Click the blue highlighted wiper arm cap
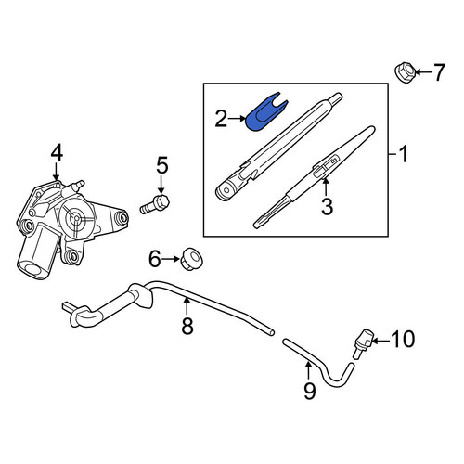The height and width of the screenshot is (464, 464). [264, 112]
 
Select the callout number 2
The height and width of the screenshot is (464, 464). [221, 119]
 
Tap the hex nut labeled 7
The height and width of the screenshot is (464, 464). [405, 72]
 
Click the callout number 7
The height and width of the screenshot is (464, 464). [438, 72]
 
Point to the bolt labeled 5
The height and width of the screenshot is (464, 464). [155, 204]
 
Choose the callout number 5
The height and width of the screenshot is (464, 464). [162, 165]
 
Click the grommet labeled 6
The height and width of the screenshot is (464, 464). [191, 259]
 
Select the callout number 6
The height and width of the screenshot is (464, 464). [155, 259]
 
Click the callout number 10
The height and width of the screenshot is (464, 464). [403, 339]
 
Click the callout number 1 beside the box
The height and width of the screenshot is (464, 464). [404, 154]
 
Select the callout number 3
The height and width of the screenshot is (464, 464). [327, 206]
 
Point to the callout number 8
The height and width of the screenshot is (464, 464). [187, 326]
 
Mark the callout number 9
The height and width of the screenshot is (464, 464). [309, 391]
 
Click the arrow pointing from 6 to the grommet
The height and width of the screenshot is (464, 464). [171, 259]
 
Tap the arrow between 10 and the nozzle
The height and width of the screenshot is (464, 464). [381, 341]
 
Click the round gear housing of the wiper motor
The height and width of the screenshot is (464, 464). [76, 218]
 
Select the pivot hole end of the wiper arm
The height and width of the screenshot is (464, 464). [226, 190]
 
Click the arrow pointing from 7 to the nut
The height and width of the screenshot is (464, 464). [423, 72]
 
